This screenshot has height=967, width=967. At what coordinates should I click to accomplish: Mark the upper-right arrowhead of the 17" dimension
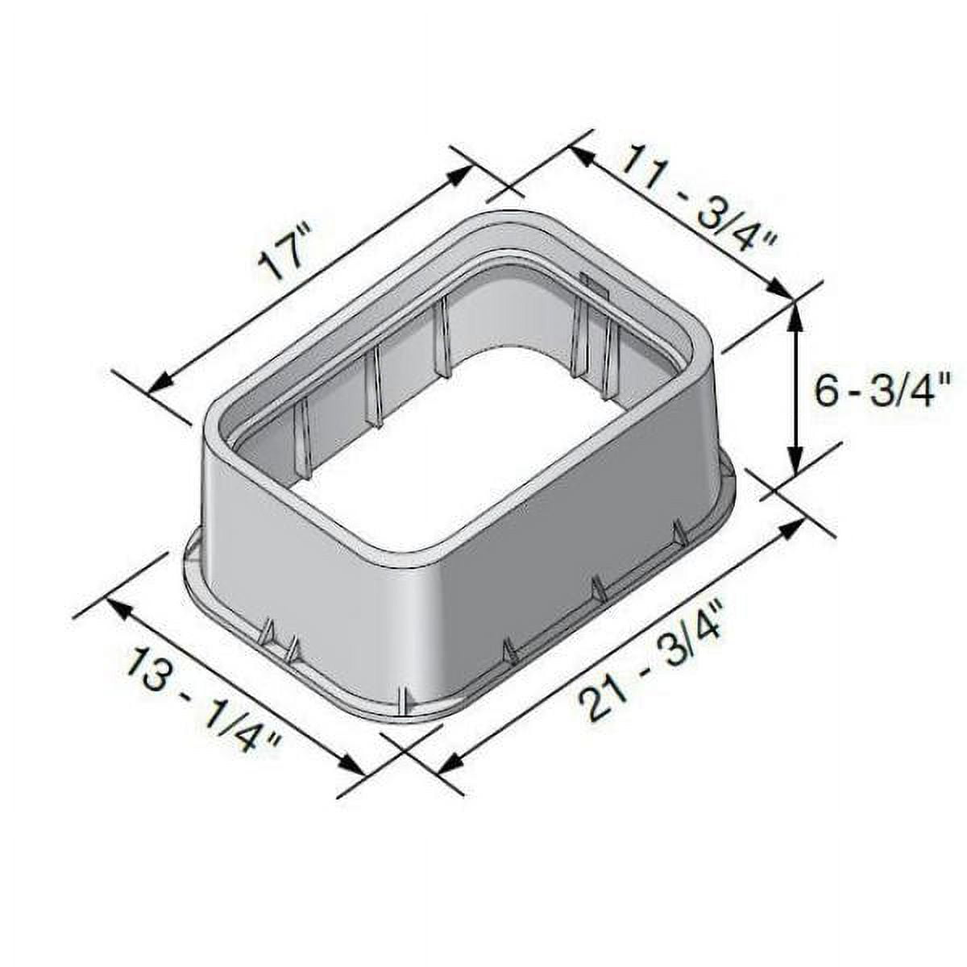pos(459,175)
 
